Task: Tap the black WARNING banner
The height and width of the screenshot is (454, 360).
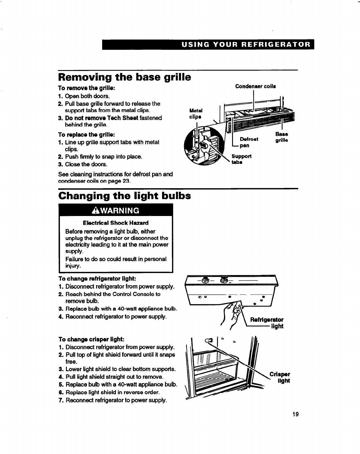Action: pyautogui.click(x=116, y=210)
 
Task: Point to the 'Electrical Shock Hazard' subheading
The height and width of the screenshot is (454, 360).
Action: pyautogui.click(x=115, y=223)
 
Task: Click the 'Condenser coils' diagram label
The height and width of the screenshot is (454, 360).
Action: pyautogui.click(x=255, y=86)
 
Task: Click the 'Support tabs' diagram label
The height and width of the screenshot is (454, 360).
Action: pyautogui.click(x=241, y=159)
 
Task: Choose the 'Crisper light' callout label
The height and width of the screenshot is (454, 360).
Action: pyautogui.click(x=280, y=377)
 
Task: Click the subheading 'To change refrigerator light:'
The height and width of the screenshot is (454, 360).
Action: pyautogui.click(x=97, y=279)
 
